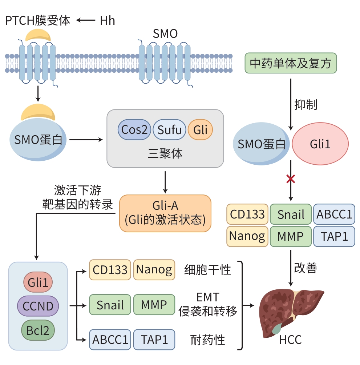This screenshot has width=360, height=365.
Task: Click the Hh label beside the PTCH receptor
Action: [x=108, y=21]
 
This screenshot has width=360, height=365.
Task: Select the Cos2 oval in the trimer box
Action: [x=134, y=130]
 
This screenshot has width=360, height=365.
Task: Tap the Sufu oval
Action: [x=170, y=130]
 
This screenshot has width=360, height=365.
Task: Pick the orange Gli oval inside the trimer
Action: [x=200, y=130]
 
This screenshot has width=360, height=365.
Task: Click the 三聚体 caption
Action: [x=165, y=153]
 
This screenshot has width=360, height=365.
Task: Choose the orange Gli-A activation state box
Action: [x=165, y=213]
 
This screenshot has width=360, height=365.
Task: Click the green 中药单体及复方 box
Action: [x=291, y=63]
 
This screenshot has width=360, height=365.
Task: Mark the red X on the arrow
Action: [x=291, y=179]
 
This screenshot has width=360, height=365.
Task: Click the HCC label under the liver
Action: [x=290, y=340]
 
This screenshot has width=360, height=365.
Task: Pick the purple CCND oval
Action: [x=38, y=306]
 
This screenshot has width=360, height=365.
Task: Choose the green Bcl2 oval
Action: [x=38, y=330]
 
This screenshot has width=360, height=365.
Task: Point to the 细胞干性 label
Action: [x=207, y=270]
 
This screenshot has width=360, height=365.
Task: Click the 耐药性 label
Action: [x=207, y=340]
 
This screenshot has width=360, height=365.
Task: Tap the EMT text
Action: [x=208, y=297]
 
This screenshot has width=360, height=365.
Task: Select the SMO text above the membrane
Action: [x=165, y=34]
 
